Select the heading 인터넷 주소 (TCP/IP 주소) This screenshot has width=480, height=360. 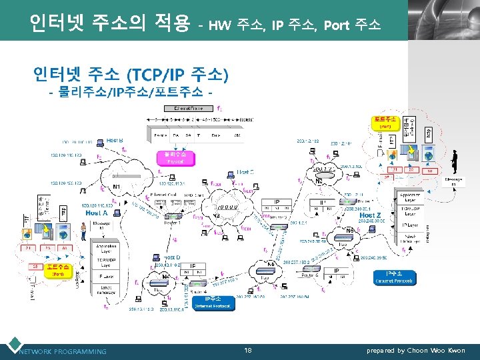click(131, 73)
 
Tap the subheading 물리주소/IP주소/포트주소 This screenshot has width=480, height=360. click(130, 91)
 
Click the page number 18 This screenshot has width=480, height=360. click(247, 351)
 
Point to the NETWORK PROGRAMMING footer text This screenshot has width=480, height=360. click(63, 351)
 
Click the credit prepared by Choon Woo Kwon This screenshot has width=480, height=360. click(417, 351)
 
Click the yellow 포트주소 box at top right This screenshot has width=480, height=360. click(385, 122)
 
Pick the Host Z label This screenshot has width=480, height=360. click(371, 215)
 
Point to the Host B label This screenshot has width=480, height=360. click(115, 141)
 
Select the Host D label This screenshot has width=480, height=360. click(171, 257)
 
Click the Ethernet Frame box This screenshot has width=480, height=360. click(189, 107)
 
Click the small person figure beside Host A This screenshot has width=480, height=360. click(83, 231)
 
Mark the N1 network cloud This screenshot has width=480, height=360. click(117, 185)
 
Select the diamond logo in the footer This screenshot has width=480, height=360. click(13, 347)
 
